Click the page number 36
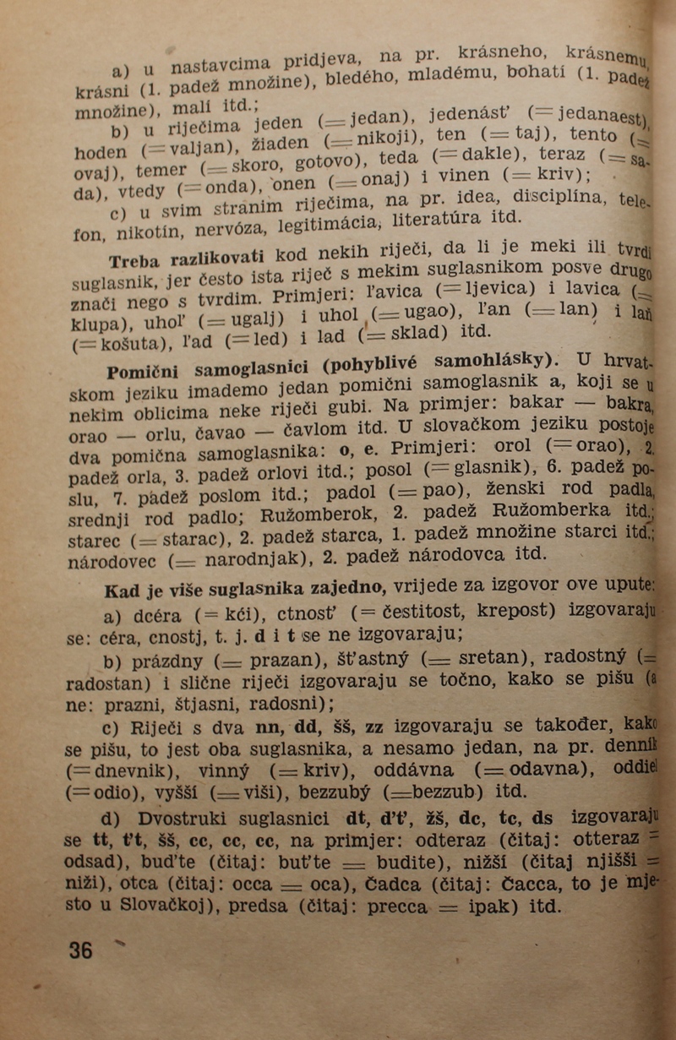point(81,950)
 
